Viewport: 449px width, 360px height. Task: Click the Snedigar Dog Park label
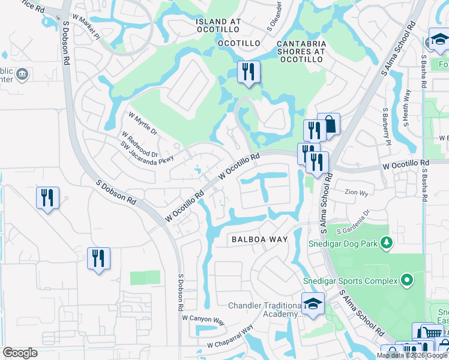pos(342,243)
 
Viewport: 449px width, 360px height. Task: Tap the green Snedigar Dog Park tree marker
pos(387,242)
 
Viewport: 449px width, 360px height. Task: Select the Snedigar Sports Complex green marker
pos(406,280)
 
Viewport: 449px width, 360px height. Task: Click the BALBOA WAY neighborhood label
pos(260,239)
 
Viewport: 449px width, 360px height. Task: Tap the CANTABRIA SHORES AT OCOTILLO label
pos(301,48)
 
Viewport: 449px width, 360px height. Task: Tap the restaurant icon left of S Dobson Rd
pos(48,198)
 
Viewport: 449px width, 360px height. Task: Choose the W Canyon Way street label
pos(202,319)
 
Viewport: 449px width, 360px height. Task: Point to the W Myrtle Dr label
pos(142,122)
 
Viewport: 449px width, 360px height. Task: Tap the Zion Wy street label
pos(356,193)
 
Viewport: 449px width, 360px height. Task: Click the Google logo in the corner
pos(20,353)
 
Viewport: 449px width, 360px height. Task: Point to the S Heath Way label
pos(408,108)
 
